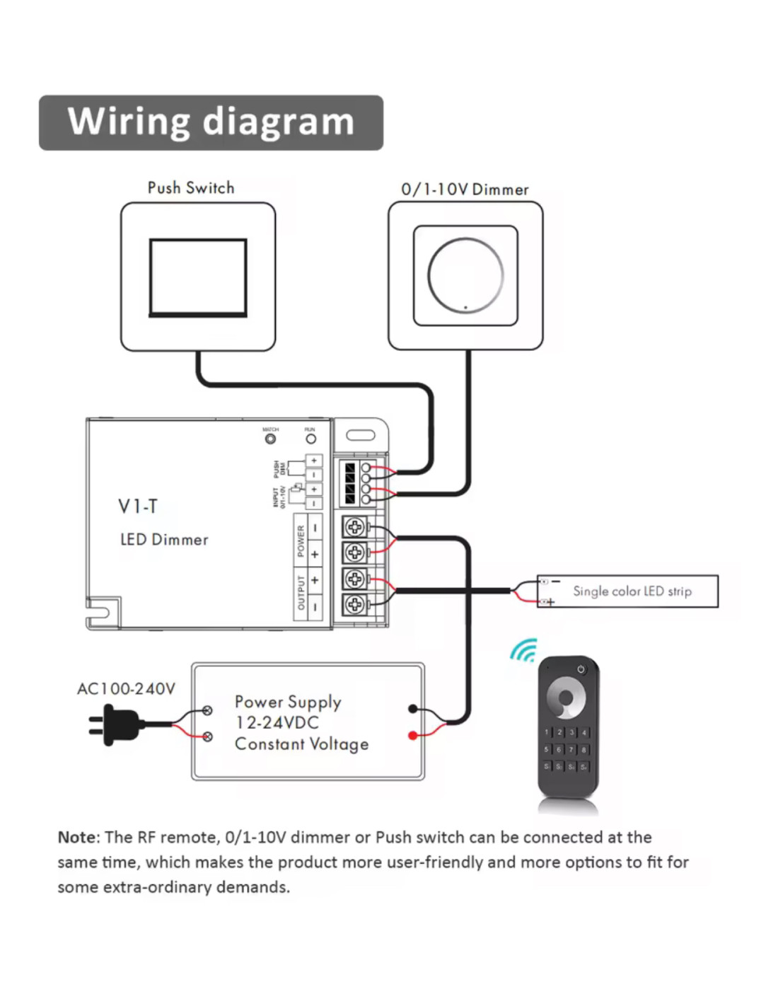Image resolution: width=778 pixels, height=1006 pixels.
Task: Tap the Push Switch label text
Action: (190, 187)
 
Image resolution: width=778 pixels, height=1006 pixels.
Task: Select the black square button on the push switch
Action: (198, 277)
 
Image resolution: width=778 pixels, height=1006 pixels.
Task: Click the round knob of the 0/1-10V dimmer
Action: (465, 275)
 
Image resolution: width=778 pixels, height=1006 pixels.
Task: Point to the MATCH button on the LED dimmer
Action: (270, 439)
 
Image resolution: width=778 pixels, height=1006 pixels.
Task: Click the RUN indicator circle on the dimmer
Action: (310, 439)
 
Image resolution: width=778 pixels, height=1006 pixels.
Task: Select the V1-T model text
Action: (138, 507)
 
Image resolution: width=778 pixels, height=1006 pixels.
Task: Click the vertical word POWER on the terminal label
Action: (301, 540)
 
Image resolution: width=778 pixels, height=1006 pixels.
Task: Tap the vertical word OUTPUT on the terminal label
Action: (301, 593)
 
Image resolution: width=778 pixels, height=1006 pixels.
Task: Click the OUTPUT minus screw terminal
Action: (355, 605)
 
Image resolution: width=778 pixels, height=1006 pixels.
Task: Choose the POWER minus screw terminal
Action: (355, 527)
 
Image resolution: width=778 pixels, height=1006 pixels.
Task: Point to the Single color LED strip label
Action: (632, 591)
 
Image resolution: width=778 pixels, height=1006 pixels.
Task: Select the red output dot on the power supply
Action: (413, 736)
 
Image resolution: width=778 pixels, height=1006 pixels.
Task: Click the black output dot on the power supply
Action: (413, 709)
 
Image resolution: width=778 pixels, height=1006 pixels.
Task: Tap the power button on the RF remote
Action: (581, 669)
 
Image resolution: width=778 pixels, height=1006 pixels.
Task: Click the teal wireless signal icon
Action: (524, 651)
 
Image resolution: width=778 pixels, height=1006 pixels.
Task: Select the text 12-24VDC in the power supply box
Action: (277, 723)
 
